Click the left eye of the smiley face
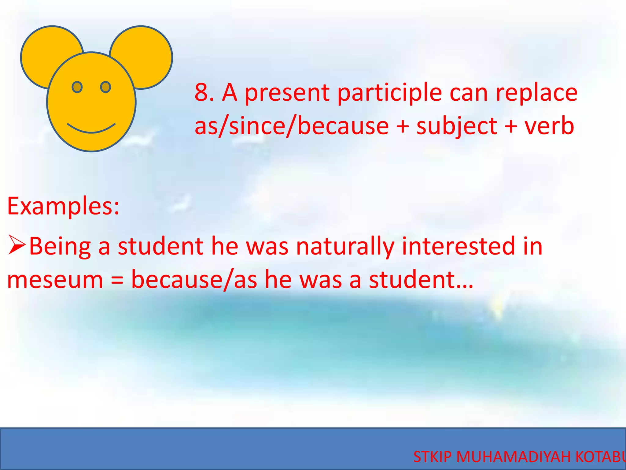(77, 87)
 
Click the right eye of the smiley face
(105, 87)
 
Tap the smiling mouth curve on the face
(91, 130)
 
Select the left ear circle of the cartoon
(46, 52)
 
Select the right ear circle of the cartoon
(147, 52)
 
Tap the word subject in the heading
(457, 127)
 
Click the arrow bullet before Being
(17, 245)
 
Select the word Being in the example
(60, 247)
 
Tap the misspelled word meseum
(55, 280)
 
